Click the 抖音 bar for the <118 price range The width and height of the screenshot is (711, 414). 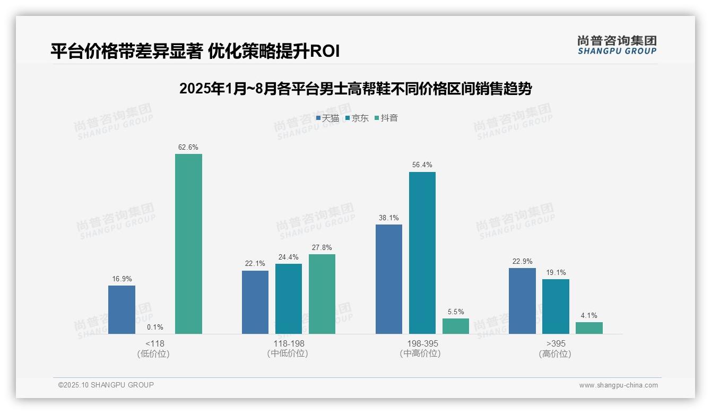click(188, 244)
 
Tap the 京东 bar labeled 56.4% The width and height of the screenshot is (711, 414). click(422, 253)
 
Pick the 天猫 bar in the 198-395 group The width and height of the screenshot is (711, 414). click(388, 279)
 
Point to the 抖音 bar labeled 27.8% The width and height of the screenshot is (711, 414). click(322, 294)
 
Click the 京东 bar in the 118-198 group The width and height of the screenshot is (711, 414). click(288, 299)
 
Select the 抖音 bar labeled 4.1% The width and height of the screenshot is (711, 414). click(589, 328)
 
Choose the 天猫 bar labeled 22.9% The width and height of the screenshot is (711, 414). click(522, 301)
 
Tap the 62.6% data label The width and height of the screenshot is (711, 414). click(188, 148)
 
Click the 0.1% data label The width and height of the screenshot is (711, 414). click(155, 327)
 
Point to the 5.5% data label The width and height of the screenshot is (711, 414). click(455, 312)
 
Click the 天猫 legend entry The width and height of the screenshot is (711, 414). click(327, 118)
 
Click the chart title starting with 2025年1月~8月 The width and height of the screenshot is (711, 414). click(355, 89)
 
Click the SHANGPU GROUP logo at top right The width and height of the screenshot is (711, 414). click(617, 45)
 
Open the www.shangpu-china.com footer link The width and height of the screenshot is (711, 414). click(618, 385)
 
